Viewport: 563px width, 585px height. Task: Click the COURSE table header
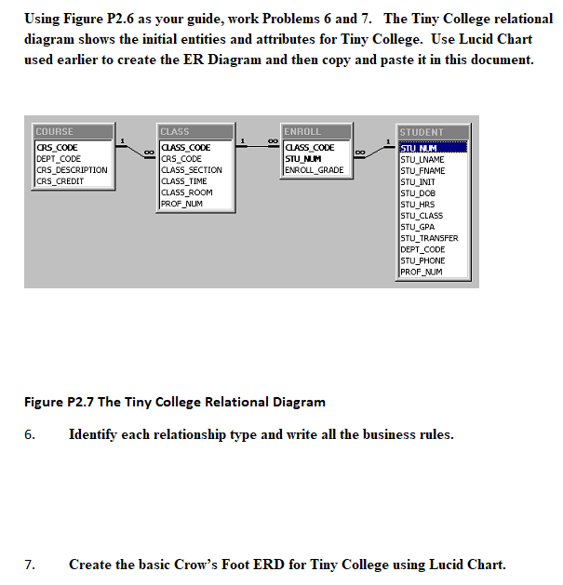[71, 132]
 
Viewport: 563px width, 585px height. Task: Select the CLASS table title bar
[196, 132]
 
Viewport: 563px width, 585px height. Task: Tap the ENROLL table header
[316, 132]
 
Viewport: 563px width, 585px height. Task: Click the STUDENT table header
[436, 133]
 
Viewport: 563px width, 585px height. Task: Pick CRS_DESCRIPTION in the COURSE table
[72, 170]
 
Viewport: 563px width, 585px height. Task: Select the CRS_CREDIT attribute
[60, 181]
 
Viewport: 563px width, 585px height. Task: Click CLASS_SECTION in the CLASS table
[192, 170]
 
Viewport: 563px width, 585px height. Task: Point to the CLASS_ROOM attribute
[187, 193]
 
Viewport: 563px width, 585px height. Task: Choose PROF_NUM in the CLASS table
[181, 204]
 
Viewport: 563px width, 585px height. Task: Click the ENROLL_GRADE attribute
[314, 170]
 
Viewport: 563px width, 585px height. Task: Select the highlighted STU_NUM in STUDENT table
[420, 148]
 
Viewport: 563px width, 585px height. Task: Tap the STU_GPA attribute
[418, 227]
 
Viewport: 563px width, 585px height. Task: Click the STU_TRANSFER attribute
[428, 238]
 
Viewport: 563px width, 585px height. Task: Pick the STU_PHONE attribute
[422, 260]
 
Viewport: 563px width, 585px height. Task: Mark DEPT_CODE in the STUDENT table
[422, 249]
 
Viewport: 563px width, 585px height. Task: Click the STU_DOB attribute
[418, 193]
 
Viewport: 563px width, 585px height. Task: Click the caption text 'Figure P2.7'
[58, 402]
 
